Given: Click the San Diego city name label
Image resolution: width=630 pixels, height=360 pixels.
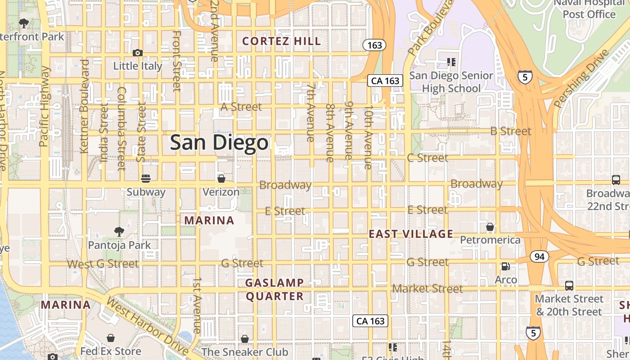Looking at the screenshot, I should (x=219, y=143).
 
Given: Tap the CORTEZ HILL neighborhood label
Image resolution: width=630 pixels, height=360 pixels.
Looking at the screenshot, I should (x=282, y=41).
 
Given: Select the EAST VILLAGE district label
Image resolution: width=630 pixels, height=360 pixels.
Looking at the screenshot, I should (x=411, y=234).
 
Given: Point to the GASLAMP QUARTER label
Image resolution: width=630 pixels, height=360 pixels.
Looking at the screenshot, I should (x=274, y=289).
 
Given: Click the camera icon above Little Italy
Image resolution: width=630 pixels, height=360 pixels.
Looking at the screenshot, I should (x=138, y=53).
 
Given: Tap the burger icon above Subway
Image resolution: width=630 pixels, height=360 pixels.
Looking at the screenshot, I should (x=145, y=179).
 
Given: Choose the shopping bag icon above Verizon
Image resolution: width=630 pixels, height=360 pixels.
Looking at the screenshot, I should (x=221, y=179).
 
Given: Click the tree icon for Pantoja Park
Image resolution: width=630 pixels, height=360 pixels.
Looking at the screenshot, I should (x=119, y=232).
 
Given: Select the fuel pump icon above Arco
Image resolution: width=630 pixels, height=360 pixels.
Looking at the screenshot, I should (x=506, y=266).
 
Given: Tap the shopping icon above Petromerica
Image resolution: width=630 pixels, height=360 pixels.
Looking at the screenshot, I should (x=490, y=226).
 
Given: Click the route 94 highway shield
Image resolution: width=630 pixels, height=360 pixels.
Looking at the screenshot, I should (x=539, y=256).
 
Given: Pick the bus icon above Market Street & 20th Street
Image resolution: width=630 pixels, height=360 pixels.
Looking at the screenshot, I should (x=569, y=285).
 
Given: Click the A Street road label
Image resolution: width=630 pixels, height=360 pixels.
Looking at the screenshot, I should (x=241, y=107).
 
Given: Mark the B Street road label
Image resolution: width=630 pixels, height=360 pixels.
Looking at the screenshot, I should (x=511, y=131).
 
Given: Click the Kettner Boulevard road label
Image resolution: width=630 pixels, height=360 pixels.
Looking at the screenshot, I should (x=84, y=106).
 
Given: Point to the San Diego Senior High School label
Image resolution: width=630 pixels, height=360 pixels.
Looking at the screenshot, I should (x=451, y=82).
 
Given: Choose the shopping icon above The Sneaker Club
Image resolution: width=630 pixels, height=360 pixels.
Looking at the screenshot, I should (x=245, y=338).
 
